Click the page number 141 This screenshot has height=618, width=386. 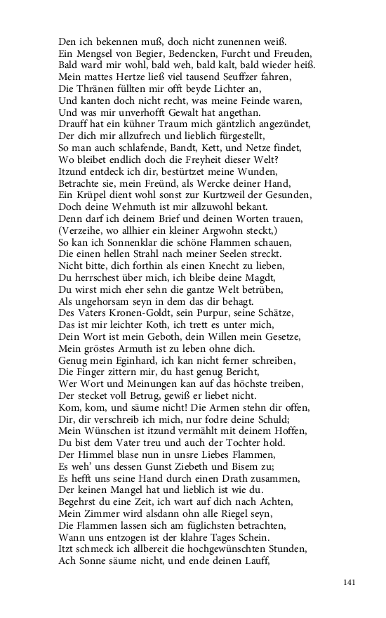click(x=350, y=583)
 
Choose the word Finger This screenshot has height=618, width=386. click(x=94, y=371)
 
